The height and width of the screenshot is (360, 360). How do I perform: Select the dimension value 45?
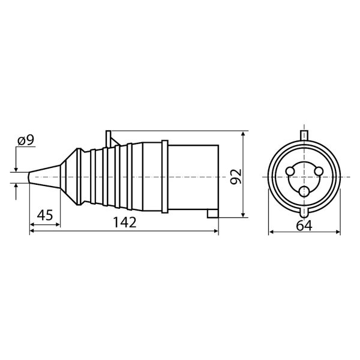pyautogui.click(x=45, y=215)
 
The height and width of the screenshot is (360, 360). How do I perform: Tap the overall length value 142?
pyautogui.click(x=125, y=222)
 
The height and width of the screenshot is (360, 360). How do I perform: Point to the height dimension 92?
pyautogui.click(x=236, y=176)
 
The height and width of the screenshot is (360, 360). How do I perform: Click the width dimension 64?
pyautogui.click(x=304, y=226)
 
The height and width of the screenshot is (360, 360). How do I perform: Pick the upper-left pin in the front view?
pyautogui.click(x=290, y=171)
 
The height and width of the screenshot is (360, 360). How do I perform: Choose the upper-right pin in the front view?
pyautogui.click(x=319, y=171)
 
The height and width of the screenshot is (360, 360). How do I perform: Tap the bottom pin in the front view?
pyautogui.click(x=304, y=191)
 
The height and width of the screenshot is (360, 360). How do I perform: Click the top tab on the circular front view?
pyautogui.click(x=304, y=136)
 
